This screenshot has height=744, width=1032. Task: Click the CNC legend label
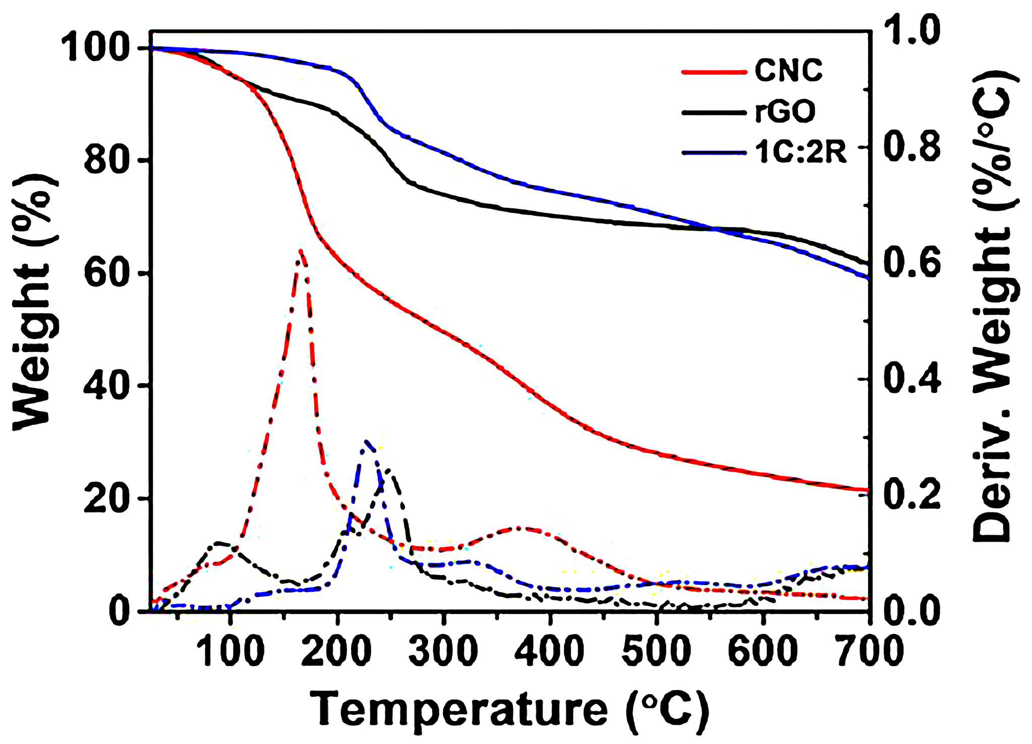coord(788,71)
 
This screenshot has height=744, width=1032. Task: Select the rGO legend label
coord(785,111)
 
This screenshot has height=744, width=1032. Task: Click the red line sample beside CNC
coord(713,72)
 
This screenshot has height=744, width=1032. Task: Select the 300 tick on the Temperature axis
coord(443,650)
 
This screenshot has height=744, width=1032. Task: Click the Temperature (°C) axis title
coord(509,710)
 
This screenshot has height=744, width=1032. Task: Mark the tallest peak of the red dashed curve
coord(301,250)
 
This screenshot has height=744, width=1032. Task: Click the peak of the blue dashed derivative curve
coord(366,441)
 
